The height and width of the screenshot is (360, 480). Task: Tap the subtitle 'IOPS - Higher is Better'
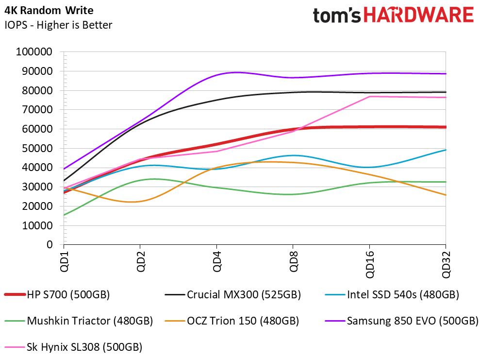58,25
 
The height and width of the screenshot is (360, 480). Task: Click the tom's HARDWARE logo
393,15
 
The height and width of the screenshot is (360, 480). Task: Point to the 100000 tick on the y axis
34,52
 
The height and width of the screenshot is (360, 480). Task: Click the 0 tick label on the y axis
50,245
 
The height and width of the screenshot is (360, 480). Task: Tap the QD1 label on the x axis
64,262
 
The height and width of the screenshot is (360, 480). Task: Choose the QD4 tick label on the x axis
216,262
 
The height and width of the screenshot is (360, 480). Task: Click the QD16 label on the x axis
370,264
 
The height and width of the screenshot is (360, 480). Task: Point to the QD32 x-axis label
446,264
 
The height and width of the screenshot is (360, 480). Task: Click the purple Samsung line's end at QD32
446,74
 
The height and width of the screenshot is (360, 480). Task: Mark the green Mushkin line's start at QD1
64,215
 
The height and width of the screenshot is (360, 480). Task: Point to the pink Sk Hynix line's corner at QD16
369,97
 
